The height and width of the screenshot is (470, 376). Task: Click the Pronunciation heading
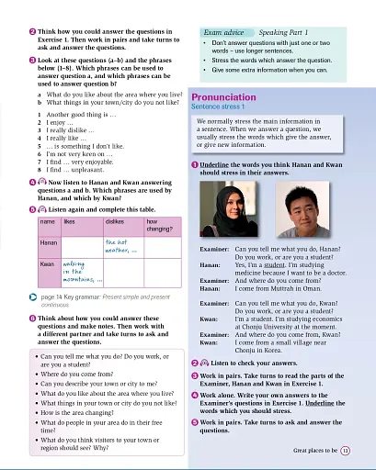coord(231,95)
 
